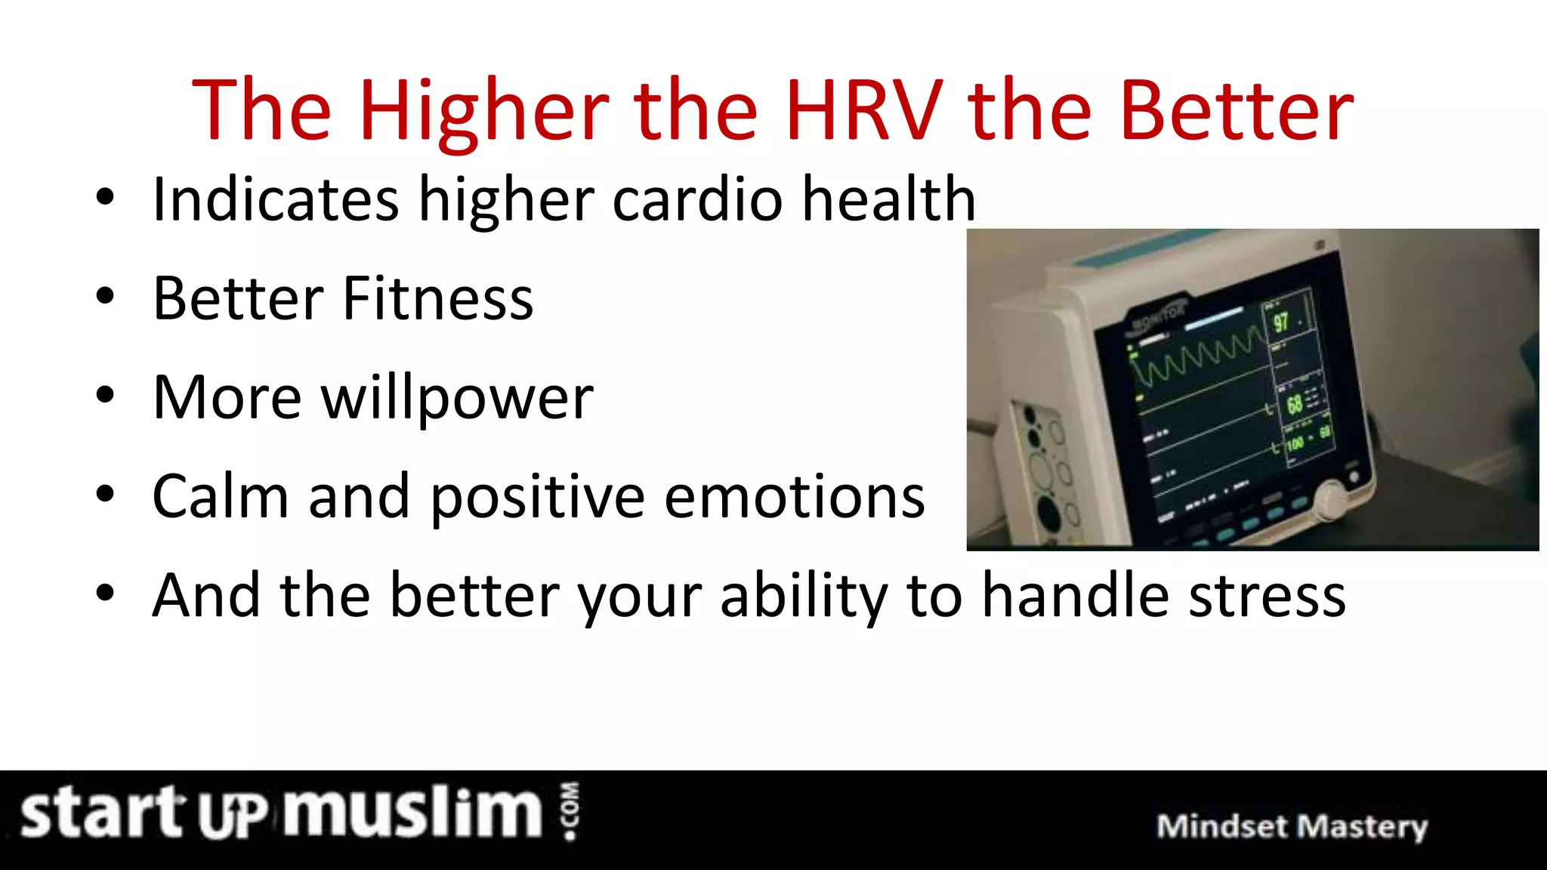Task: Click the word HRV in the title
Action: click(x=863, y=111)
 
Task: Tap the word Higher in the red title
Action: click(x=483, y=111)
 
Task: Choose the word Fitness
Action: click(x=438, y=298)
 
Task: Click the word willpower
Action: click(x=457, y=398)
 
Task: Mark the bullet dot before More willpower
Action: click(x=105, y=395)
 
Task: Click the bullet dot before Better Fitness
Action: click(x=105, y=296)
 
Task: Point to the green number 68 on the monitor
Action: click(x=1294, y=404)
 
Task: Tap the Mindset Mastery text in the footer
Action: click(x=1292, y=826)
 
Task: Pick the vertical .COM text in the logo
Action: click(x=570, y=811)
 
